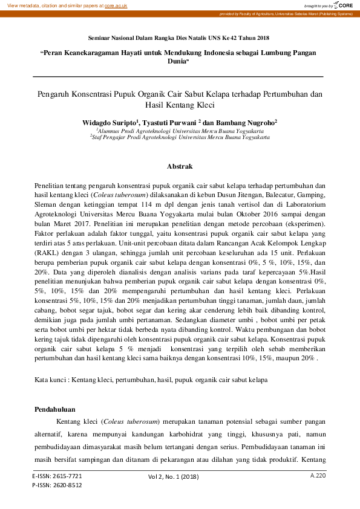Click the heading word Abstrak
click(x=180, y=166)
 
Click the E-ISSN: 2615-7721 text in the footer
click(x=57, y=476)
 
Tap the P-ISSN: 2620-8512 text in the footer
click(x=57, y=485)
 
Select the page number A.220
click(x=318, y=476)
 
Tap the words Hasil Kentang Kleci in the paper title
click(x=180, y=105)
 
